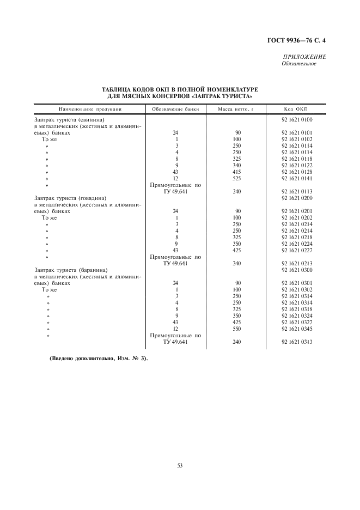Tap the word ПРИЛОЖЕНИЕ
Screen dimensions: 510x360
click(x=304, y=58)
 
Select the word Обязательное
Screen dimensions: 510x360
click(x=299, y=64)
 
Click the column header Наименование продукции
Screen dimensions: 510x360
click(x=90, y=109)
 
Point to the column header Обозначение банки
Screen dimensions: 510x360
click(x=175, y=109)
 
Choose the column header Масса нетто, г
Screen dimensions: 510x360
click(x=236, y=109)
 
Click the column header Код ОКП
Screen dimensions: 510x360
click(x=296, y=109)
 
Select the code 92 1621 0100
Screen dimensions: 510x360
click(x=297, y=119)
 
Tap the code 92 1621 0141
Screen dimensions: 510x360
click(x=297, y=178)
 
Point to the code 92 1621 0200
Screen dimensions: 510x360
click(x=297, y=198)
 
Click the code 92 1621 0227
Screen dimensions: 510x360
click(x=297, y=250)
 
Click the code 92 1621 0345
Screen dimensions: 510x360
click(x=297, y=329)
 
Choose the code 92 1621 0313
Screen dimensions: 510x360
click(x=297, y=342)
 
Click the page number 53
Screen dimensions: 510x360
click(x=179, y=465)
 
